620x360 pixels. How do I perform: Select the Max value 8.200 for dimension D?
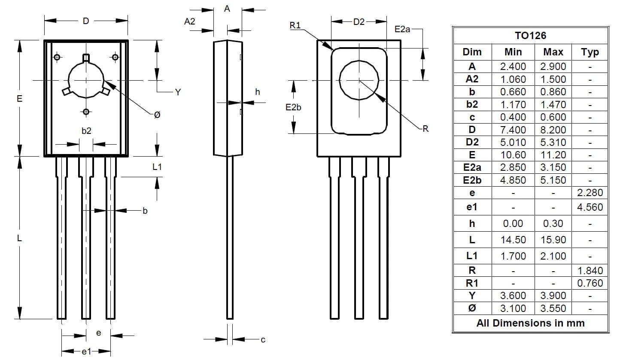[553, 130]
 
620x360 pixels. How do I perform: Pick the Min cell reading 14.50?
[513, 239]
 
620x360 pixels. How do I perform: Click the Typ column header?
[590, 52]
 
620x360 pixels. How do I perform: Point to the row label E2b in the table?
[472, 180]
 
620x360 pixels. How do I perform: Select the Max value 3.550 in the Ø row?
[553, 308]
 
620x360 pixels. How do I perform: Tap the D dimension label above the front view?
[86, 21]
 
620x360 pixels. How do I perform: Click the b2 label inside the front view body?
[86, 131]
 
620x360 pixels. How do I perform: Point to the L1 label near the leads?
[157, 166]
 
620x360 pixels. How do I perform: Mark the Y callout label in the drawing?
[178, 92]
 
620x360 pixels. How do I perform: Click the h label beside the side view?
[258, 92]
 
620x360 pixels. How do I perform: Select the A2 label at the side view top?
[190, 21]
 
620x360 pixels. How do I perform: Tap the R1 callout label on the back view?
[295, 25]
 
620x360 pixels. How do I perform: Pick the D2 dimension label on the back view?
[359, 22]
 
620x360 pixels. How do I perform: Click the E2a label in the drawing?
[402, 29]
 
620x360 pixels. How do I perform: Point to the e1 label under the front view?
[86, 351]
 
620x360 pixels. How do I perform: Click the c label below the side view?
[263, 340]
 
